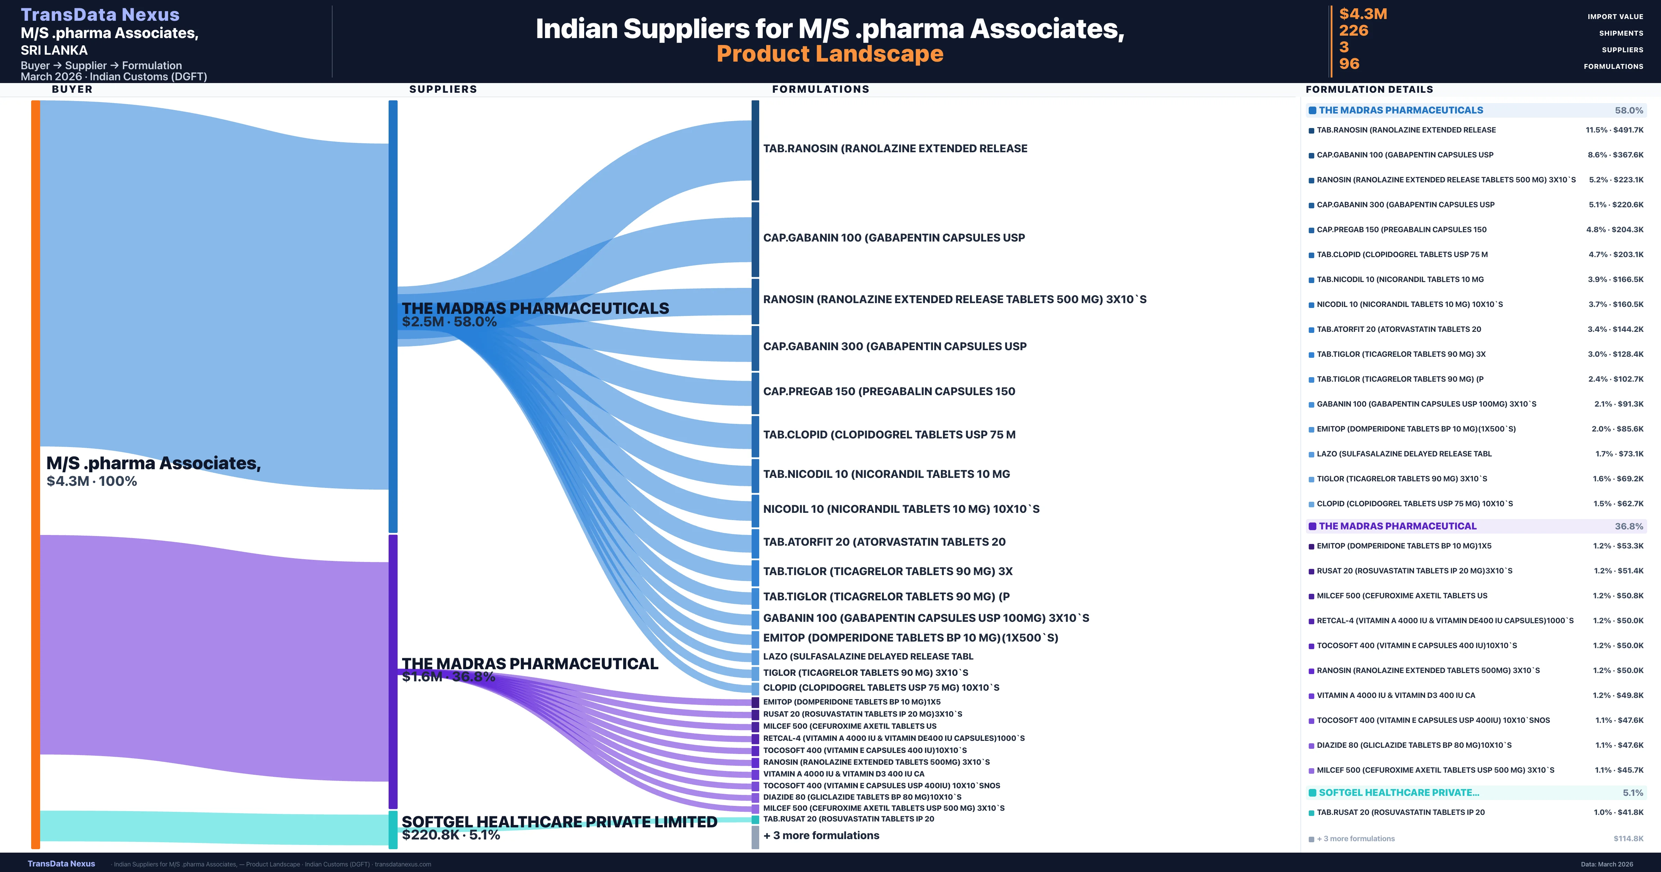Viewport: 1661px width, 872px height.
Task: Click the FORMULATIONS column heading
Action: tap(820, 89)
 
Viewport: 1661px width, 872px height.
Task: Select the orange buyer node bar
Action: tap(35, 474)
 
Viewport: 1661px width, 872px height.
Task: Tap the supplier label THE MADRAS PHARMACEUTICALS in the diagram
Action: tap(535, 308)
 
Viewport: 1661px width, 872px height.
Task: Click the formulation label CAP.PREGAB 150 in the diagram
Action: tap(889, 391)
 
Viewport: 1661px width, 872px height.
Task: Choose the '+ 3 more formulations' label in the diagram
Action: tap(821, 835)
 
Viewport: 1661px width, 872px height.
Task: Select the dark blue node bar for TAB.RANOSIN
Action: tap(755, 150)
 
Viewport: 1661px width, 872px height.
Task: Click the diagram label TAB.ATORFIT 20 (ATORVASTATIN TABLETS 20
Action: tap(884, 542)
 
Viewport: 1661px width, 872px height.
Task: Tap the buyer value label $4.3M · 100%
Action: tap(92, 481)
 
